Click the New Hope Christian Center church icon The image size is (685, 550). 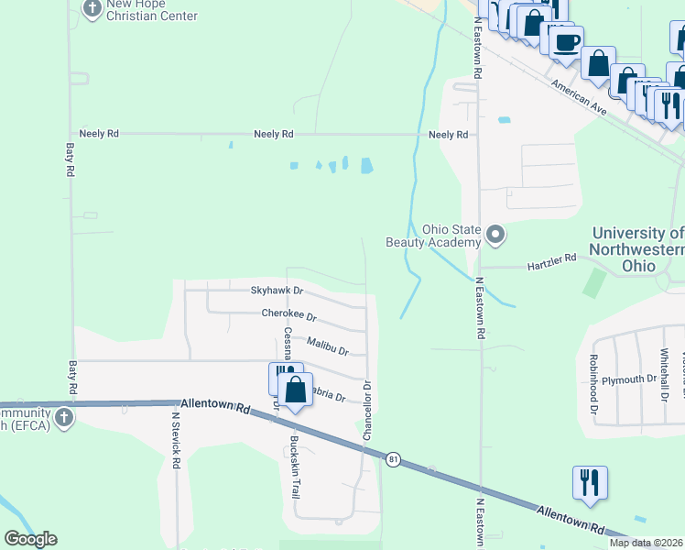92,9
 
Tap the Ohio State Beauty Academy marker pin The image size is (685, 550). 495,236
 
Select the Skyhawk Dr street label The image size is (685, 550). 276,291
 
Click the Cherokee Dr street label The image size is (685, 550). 288,314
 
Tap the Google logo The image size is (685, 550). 30,539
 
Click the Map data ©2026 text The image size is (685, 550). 647,543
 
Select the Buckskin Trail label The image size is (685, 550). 295,466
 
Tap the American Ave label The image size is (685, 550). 580,96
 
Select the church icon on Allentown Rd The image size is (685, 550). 63,418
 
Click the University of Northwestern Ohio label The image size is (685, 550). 637,249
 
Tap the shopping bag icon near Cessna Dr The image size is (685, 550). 296,390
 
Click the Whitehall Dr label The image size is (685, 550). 666,375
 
